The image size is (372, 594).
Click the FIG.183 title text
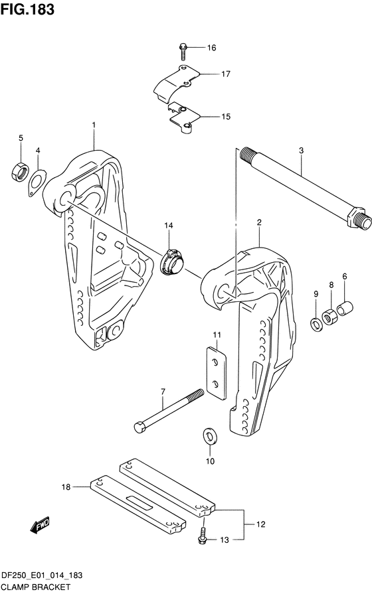(27, 9)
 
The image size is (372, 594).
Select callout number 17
(226, 74)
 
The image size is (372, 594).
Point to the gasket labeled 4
(37, 183)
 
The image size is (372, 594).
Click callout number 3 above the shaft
(301, 151)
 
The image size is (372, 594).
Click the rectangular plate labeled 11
(217, 374)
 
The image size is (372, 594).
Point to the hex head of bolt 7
(140, 427)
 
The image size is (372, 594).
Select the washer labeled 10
(210, 436)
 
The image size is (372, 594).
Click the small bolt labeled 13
(202, 536)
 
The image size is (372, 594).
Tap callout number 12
(260, 524)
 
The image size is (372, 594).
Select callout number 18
(66, 486)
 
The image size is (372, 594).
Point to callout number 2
(259, 222)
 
